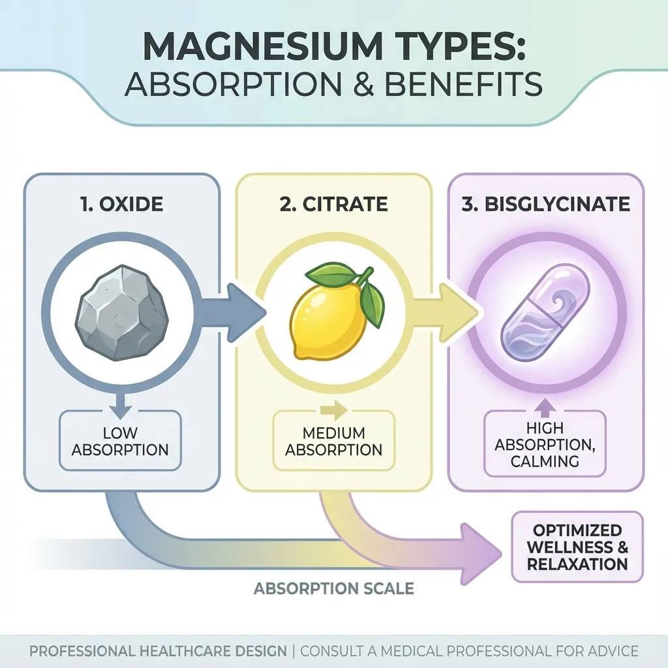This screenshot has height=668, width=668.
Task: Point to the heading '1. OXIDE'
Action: tap(122, 204)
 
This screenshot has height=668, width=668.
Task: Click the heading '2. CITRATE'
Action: tap(333, 204)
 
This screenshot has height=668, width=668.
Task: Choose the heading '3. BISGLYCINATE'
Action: tap(545, 204)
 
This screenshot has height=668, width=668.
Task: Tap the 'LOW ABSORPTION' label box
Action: tap(120, 440)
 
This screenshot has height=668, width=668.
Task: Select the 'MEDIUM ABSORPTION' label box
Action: tap(333, 441)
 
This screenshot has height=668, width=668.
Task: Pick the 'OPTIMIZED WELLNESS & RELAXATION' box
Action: tap(577, 547)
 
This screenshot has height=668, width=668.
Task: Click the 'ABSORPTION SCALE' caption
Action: tap(333, 588)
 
